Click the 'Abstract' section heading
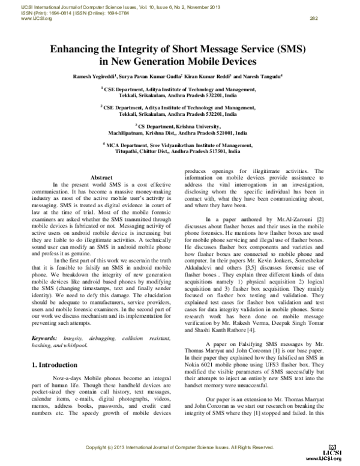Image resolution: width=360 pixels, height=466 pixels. [x=101, y=178]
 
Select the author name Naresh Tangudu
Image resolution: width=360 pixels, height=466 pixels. [x=265, y=77]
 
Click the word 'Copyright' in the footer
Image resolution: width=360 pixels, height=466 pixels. [x=99, y=447]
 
